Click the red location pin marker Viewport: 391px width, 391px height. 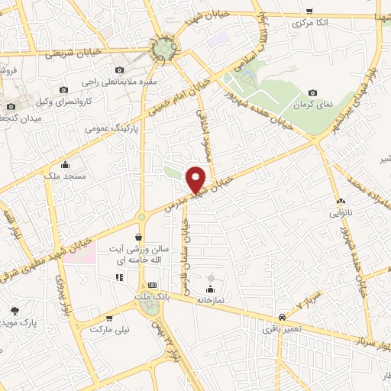(197, 179)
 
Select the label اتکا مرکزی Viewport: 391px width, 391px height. (309, 24)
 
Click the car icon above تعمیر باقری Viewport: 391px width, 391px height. (283, 316)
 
